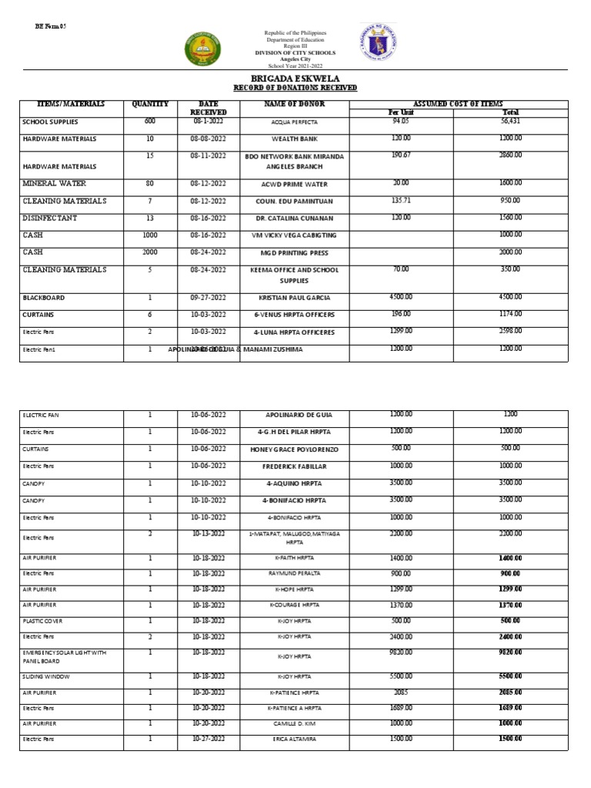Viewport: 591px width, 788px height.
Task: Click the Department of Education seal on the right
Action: tap(379, 46)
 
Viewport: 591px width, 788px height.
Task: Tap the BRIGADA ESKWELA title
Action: tap(295, 78)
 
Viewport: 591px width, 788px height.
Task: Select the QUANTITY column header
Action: tap(150, 103)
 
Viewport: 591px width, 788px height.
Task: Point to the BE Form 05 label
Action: tap(52, 26)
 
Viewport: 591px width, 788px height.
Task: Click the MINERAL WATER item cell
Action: tap(55, 184)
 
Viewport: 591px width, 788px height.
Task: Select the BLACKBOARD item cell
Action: tap(44, 298)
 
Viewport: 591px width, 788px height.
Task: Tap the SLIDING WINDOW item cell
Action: tap(46, 676)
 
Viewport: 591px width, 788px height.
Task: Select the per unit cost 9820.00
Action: tap(401, 652)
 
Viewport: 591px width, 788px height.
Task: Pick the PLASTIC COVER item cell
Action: tap(43, 621)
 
